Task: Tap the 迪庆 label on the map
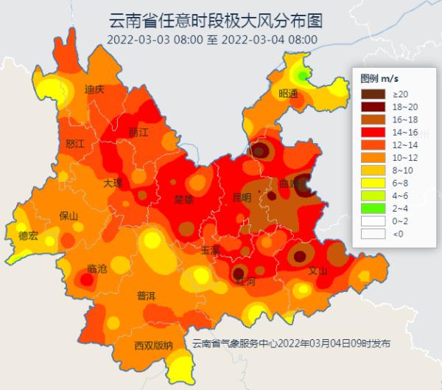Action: click(x=94, y=89)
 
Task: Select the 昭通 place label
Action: click(x=289, y=94)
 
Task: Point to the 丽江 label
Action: click(x=138, y=133)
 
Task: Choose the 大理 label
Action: click(x=113, y=182)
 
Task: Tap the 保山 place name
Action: click(x=69, y=216)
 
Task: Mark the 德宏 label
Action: click(x=28, y=236)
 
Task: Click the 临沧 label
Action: click(x=97, y=268)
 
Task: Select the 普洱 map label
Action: click(x=146, y=296)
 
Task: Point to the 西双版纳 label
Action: click(x=153, y=345)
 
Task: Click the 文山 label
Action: click(x=318, y=270)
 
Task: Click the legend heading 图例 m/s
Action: click(x=379, y=78)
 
